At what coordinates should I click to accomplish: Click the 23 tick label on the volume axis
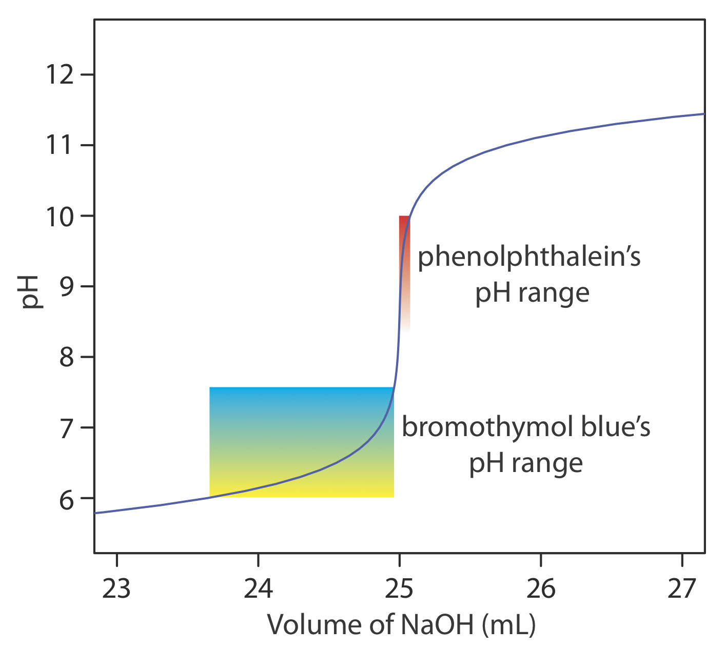(x=116, y=588)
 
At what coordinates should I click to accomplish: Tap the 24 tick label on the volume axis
(x=258, y=588)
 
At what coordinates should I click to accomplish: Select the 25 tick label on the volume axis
(x=399, y=588)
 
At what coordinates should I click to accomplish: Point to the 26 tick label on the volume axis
(x=541, y=588)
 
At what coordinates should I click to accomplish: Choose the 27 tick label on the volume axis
(x=682, y=588)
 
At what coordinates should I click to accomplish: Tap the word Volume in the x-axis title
(x=311, y=624)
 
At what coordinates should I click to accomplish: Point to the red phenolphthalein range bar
(x=404, y=257)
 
